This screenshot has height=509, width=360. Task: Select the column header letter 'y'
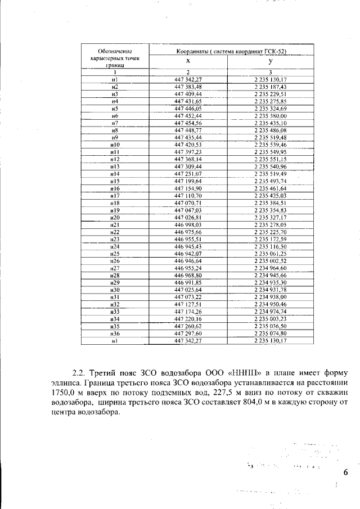[x=271, y=61]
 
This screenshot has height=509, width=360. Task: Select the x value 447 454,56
[x=188, y=123]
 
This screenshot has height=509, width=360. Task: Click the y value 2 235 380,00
[x=271, y=115]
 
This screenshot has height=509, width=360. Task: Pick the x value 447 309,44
[x=188, y=166]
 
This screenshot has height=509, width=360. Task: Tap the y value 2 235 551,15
[x=271, y=159]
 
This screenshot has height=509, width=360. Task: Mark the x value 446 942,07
[x=188, y=254]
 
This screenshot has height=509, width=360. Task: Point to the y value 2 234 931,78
[x=271, y=290]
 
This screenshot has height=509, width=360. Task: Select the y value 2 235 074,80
[x=271, y=334]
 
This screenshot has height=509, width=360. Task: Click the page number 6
[x=345, y=472]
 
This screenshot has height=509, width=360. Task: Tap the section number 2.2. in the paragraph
[x=82, y=373]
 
